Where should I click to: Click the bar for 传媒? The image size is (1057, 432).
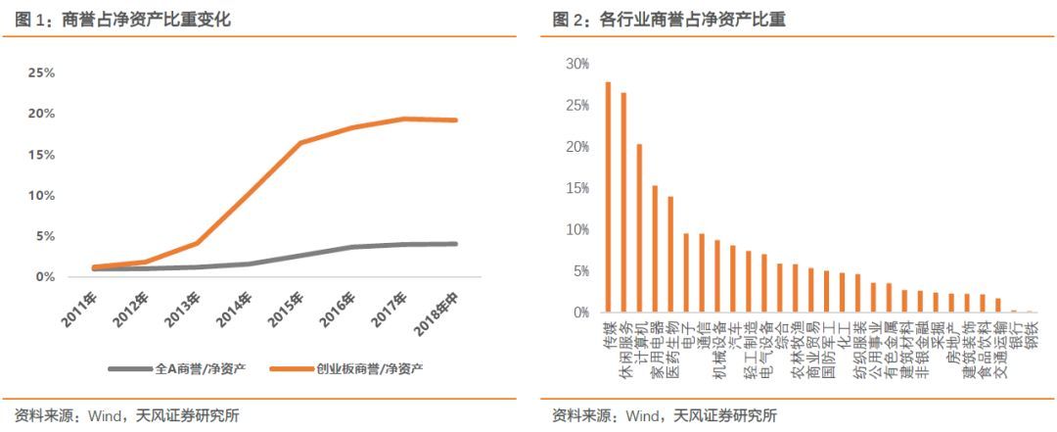608,197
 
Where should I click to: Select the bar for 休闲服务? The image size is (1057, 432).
623,202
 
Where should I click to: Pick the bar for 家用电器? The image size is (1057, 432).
655,249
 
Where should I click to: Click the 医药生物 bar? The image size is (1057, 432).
670,255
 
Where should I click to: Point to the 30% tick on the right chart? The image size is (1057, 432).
575,64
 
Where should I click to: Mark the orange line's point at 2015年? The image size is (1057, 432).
299,143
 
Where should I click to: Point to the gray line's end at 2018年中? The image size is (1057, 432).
455,244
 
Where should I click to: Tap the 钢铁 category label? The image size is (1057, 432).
1031,330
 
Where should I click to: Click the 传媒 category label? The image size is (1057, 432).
609,330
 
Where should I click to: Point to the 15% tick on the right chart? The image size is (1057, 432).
575,188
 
